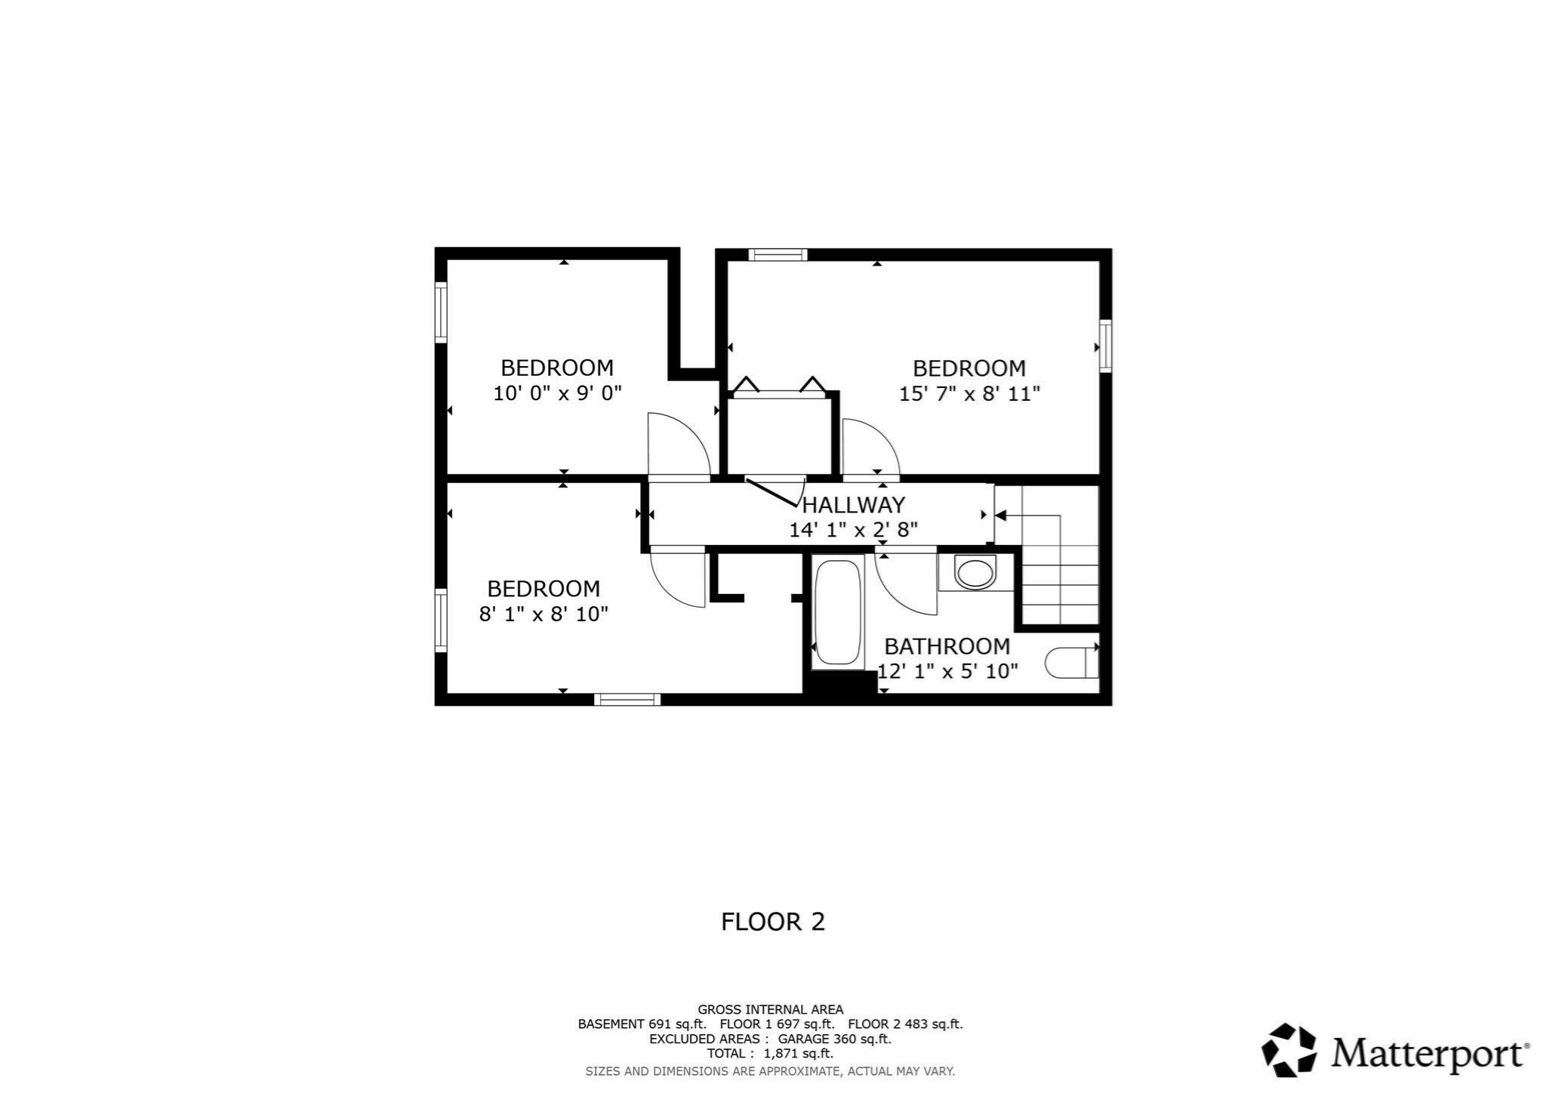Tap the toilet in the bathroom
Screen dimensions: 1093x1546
975,573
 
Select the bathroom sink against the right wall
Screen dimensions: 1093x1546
1070,663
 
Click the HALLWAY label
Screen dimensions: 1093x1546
853,504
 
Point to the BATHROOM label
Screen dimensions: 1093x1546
947,646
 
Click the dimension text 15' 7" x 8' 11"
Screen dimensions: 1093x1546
969,394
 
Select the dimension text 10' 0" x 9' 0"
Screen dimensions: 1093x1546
557,393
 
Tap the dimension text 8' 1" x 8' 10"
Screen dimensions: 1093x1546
544,614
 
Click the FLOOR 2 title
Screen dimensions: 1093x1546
773,922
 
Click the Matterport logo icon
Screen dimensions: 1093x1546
1289,1049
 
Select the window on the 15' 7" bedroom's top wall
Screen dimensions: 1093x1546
778,255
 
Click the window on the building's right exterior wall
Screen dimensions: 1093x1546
1105,346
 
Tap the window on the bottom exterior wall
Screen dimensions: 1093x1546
627,700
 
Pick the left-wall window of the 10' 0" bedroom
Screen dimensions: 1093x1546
441,312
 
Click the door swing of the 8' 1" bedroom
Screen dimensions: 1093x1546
678,580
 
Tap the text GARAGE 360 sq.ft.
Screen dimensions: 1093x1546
834,1039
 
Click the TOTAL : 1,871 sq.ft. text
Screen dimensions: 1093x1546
770,1053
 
